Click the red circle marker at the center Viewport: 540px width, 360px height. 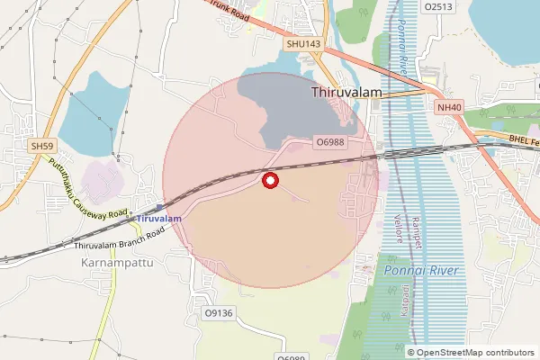tap(269, 180)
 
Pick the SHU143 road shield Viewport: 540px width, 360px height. tap(303, 42)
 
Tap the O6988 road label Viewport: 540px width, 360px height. tap(330, 142)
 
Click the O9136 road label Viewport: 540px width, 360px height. tap(219, 313)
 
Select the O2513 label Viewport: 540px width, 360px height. tap(437, 6)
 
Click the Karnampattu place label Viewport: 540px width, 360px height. tap(112, 264)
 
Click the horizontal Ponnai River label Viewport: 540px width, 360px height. tap(421, 271)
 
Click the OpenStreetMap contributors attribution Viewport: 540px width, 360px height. tap(471, 352)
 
